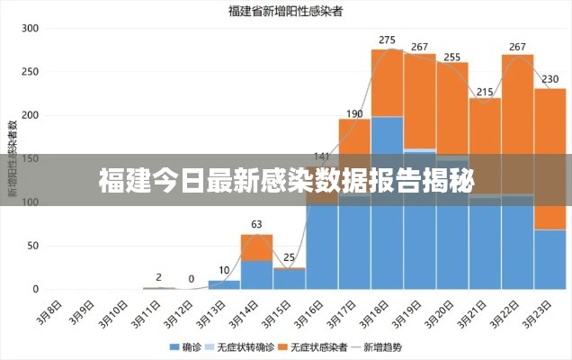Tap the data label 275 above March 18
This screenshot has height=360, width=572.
[x=387, y=40]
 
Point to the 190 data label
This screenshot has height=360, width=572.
[x=353, y=113]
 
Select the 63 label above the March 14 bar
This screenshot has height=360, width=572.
[x=256, y=224]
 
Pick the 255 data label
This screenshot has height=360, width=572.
[x=451, y=57]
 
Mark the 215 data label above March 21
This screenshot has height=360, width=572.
[x=485, y=92]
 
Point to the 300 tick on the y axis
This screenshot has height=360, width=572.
[x=31, y=29]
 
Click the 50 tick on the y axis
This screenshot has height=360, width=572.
[x=33, y=246]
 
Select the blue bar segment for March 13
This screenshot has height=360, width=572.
[x=224, y=284]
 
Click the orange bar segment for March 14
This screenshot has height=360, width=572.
[x=256, y=247]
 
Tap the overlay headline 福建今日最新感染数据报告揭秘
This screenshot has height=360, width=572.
[x=285, y=180]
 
